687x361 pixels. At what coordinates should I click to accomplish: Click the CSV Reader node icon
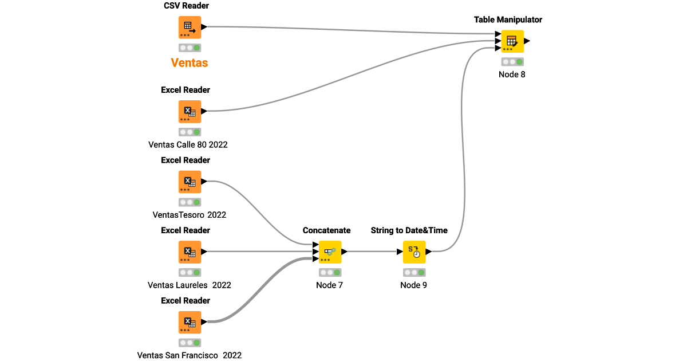point(189,27)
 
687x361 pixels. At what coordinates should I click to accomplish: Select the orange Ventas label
point(189,63)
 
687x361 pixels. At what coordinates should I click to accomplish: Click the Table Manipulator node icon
point(512,41)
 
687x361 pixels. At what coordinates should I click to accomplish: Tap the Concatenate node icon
point(330,252)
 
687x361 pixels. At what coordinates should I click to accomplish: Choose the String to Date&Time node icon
point(414,252)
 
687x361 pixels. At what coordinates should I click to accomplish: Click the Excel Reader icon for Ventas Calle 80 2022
point(189,111)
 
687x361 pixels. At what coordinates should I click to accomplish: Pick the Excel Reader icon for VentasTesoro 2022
point(189,182)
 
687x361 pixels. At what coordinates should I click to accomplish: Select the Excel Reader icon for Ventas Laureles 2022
point(189,252)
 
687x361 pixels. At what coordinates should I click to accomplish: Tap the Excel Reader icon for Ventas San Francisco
point(189,322)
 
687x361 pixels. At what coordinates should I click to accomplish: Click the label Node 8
point(512,74)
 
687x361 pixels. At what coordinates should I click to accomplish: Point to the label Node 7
point(330,285)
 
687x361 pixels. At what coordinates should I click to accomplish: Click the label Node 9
point(414,285)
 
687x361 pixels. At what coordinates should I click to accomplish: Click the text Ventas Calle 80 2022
point(188,144)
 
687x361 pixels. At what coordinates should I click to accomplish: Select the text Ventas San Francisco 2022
point(189,355)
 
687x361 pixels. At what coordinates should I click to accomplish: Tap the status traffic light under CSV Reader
point(189,48)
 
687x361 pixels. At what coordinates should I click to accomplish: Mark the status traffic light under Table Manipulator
point(512,62)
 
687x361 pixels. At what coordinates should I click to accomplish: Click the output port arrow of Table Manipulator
point(527,41)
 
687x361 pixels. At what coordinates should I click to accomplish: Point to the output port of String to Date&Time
point(429,252)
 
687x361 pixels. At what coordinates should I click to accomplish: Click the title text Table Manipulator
point(508,19)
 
